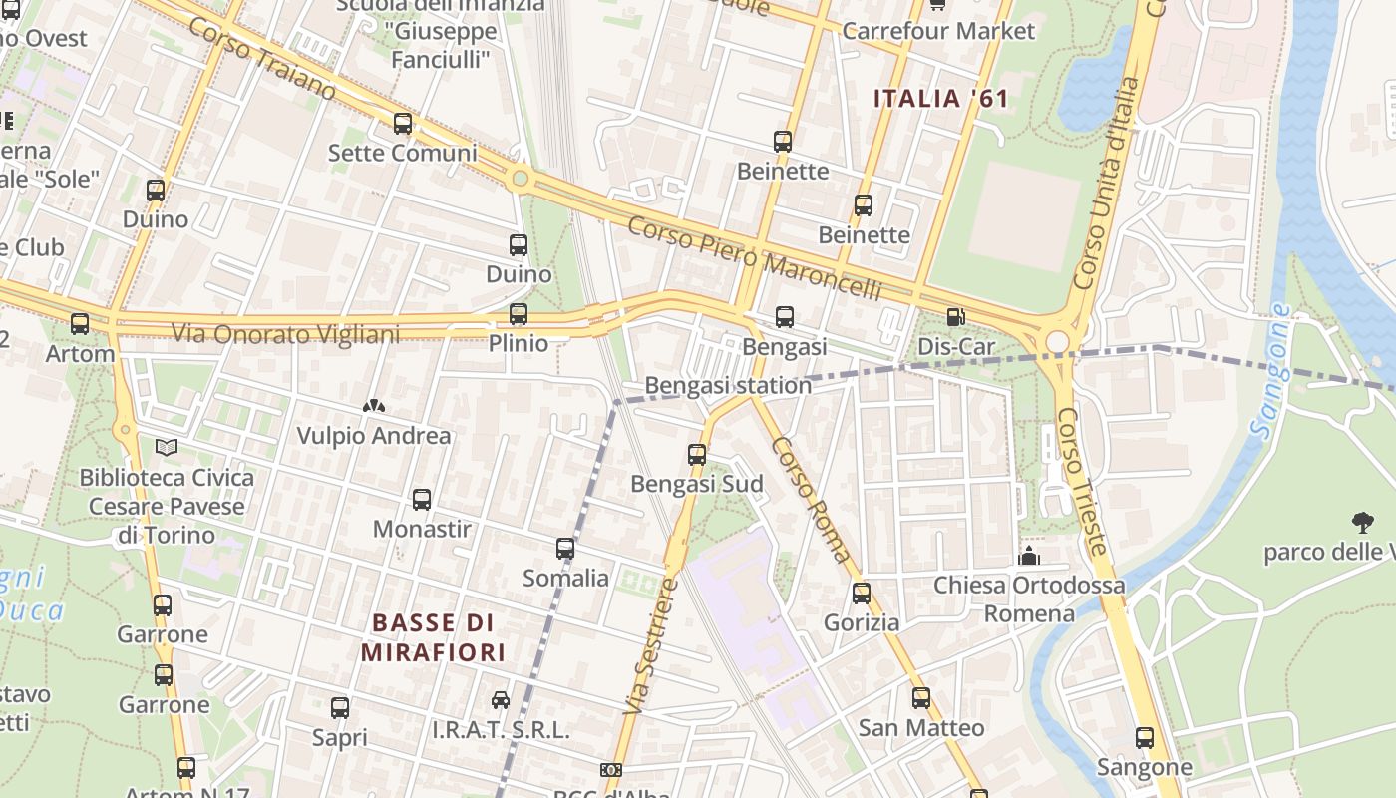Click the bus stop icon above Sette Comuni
point(403,124)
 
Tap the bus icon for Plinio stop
point(519,314)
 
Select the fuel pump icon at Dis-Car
point(955,318)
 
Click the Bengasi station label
point(728,385)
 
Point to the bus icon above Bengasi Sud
point(697,455)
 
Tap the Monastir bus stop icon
point(422,500)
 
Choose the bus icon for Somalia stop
point(565,549)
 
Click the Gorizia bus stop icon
point(862,593)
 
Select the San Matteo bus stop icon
point(921,698)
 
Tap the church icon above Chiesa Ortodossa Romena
point(1029,556)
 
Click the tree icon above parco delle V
point(1362,522)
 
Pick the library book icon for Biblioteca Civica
point(167,448)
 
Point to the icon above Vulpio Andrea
point(374,407)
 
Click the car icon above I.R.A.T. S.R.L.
point(501,700)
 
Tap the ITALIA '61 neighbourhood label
point(941,99)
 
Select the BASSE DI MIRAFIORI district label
point(433,638)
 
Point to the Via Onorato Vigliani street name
point(285,333)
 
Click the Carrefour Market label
point(938,31)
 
